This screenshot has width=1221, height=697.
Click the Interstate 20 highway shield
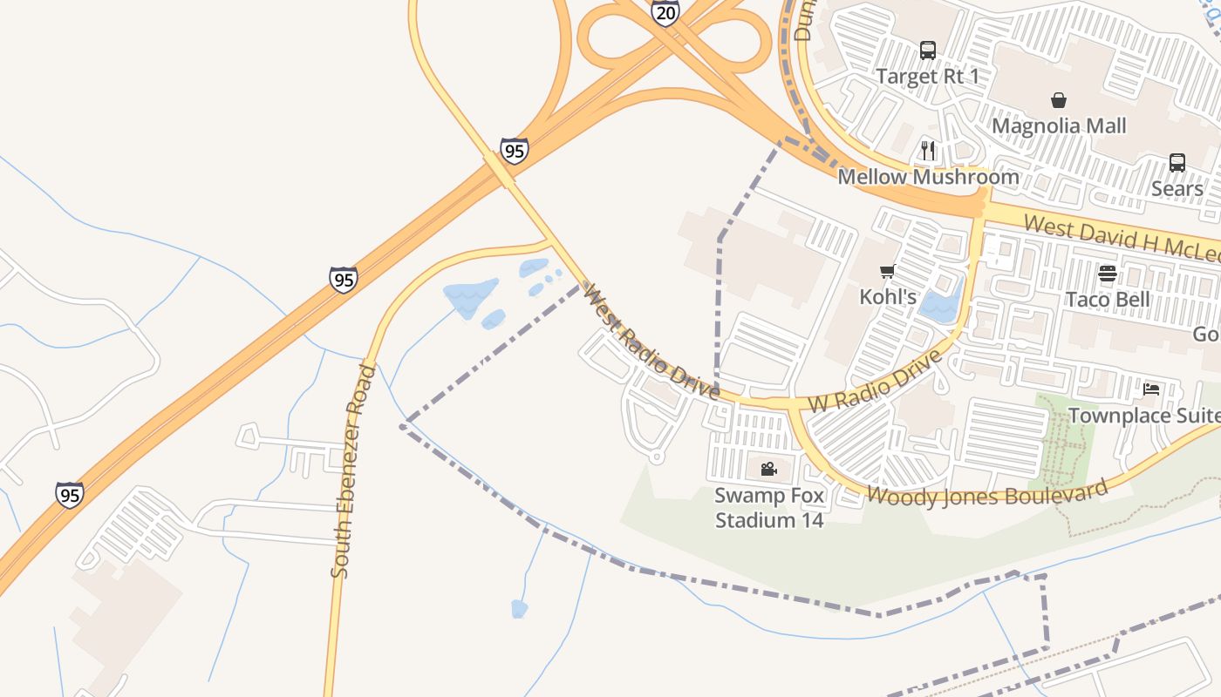[665, 12]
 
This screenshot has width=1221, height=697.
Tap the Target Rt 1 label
[927, 77]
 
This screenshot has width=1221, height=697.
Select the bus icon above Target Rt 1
[928, 51]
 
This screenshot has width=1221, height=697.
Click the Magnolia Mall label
[1059, 125]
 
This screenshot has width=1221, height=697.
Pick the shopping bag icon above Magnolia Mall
[1059, 100]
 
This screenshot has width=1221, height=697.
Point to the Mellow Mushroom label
[928, 177]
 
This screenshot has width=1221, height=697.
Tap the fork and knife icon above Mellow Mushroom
[928, 151]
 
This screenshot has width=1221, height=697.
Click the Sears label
[1177, 188]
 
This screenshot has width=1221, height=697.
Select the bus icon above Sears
[1177, 163]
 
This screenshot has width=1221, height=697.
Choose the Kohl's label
[888, 297]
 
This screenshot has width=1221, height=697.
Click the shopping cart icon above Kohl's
[888, 271]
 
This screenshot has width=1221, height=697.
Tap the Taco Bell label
[1108, 300]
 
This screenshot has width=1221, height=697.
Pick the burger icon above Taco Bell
[1108, 274]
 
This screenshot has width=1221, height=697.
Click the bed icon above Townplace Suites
[1151, 389]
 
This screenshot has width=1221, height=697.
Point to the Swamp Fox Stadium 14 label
[768, 508]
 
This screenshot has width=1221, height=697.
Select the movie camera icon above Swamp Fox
[768, 470]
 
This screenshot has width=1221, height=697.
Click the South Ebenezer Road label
[353, 471]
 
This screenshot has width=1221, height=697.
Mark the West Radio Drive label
[651, 341]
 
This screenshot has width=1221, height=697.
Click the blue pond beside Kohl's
[939, 305]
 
